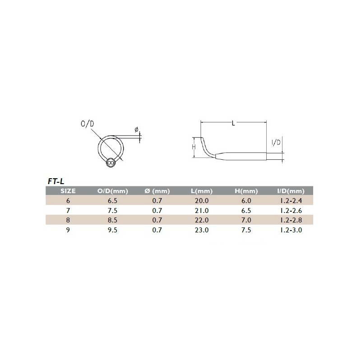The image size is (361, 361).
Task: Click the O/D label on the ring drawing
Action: click(88, 124)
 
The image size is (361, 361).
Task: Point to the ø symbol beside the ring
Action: click(136, 130)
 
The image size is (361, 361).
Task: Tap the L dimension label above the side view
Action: click(233, 123)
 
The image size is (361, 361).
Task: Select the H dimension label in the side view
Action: click(194, 147)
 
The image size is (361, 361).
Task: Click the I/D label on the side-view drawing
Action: click(276, 143)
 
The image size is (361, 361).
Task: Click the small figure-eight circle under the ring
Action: click(111, 162)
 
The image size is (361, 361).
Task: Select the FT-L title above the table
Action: click(56, 181)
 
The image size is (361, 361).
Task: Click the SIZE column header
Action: click(68, 191)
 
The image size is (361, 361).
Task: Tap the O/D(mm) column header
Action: click(112, 191)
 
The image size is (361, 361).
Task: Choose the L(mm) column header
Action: click(202, 191)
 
